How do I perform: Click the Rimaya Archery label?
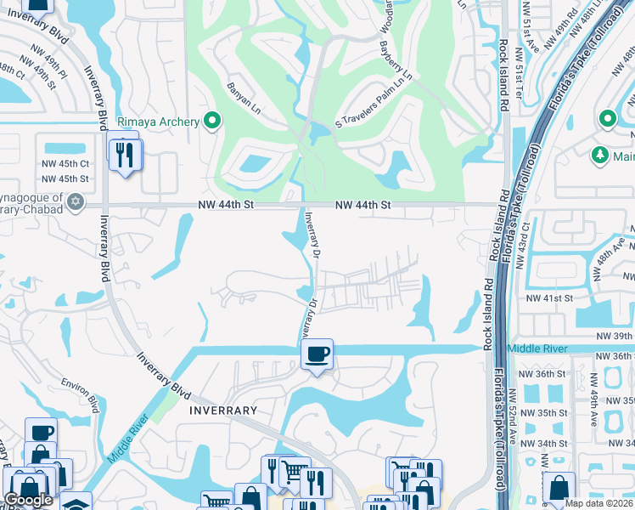159,122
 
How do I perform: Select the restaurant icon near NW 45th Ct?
126,154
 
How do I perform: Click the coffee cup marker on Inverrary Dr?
317,354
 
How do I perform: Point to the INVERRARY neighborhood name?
223,410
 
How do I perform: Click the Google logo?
28,500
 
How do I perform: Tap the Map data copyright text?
599,503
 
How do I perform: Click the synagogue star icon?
76,201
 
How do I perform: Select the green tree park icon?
600,155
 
